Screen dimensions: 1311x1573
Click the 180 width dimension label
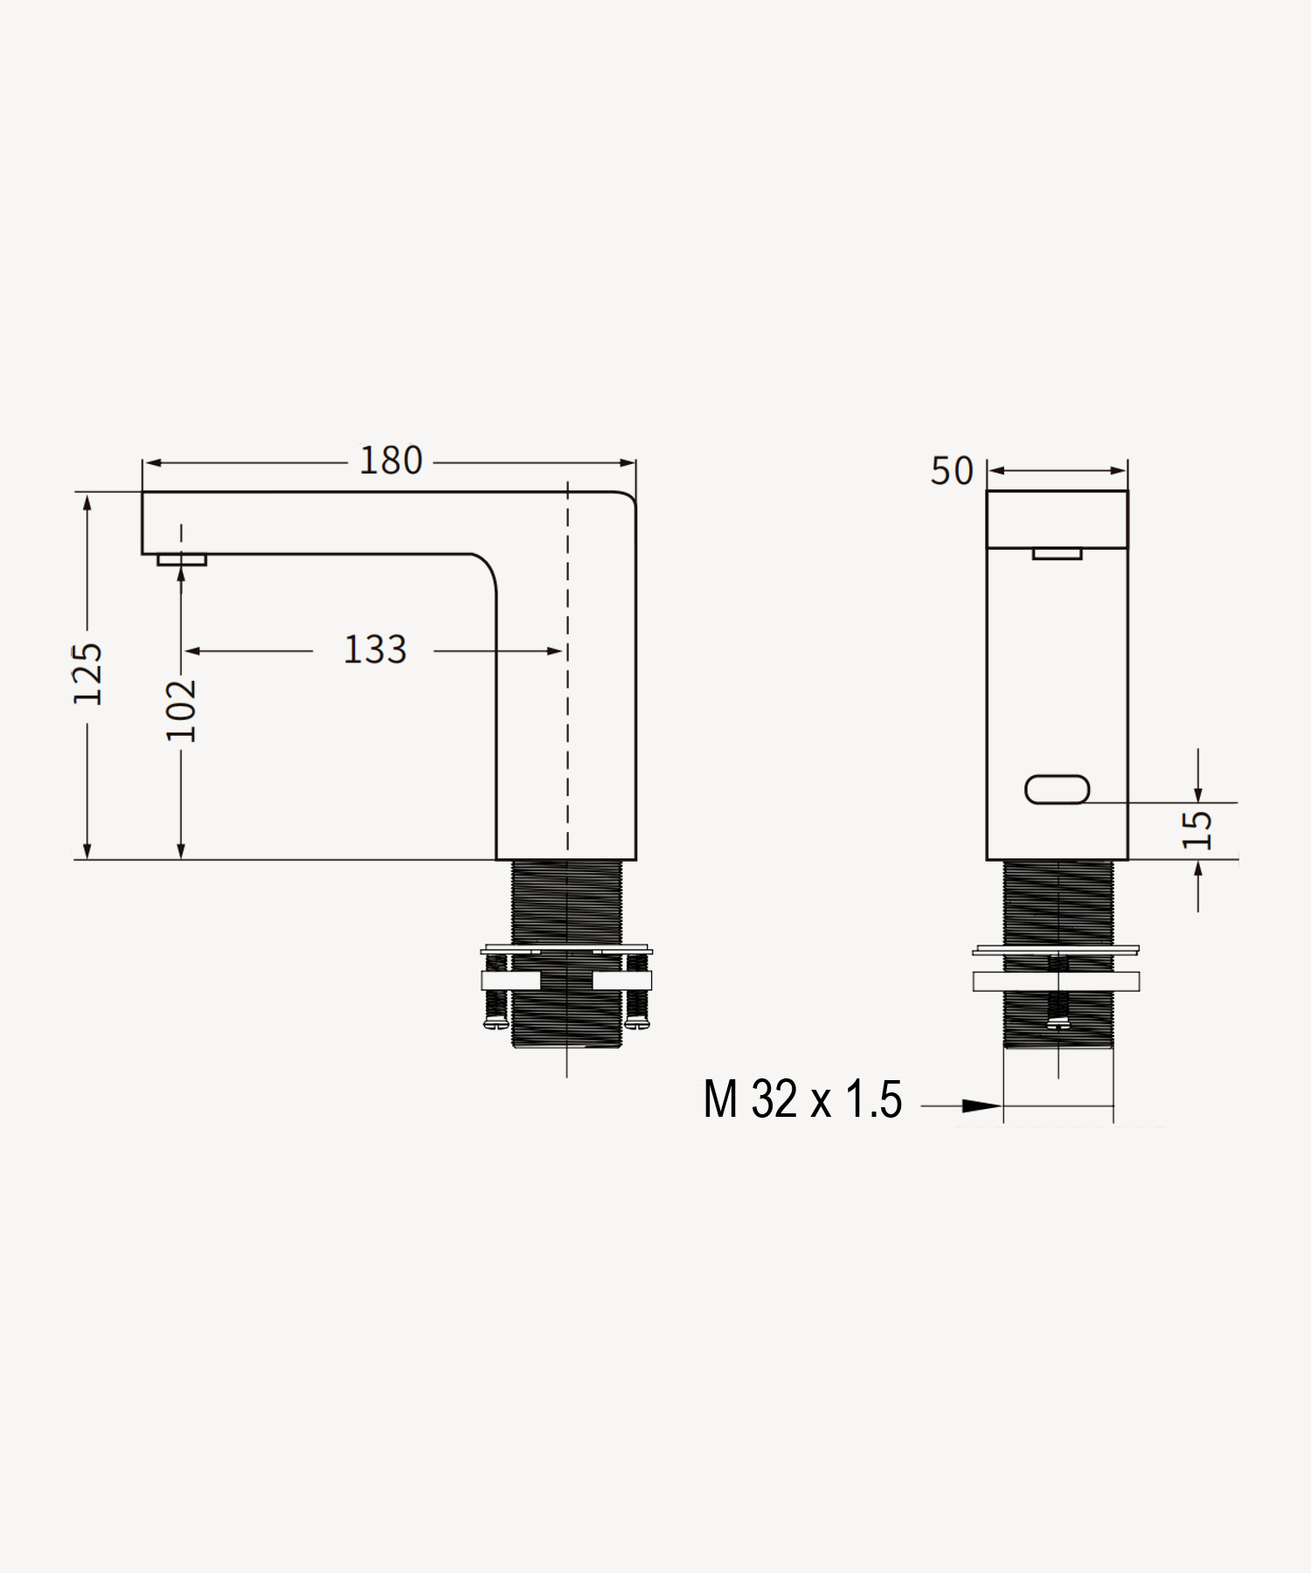click(391, 461)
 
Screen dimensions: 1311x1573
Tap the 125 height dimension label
click(87, 674)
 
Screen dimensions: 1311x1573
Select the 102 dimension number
click(181, 710)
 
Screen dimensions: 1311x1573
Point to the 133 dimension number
click(375, 650)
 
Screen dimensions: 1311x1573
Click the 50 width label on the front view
click(952, 471)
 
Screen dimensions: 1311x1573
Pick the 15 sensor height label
click(1197, 830)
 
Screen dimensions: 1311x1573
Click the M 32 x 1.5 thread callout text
click(802, 1099)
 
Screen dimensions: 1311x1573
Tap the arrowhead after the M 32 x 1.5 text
click(982, 1106)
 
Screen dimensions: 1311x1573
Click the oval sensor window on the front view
click(1058, 790)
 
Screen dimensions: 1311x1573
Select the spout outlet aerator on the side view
click(182, 559)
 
